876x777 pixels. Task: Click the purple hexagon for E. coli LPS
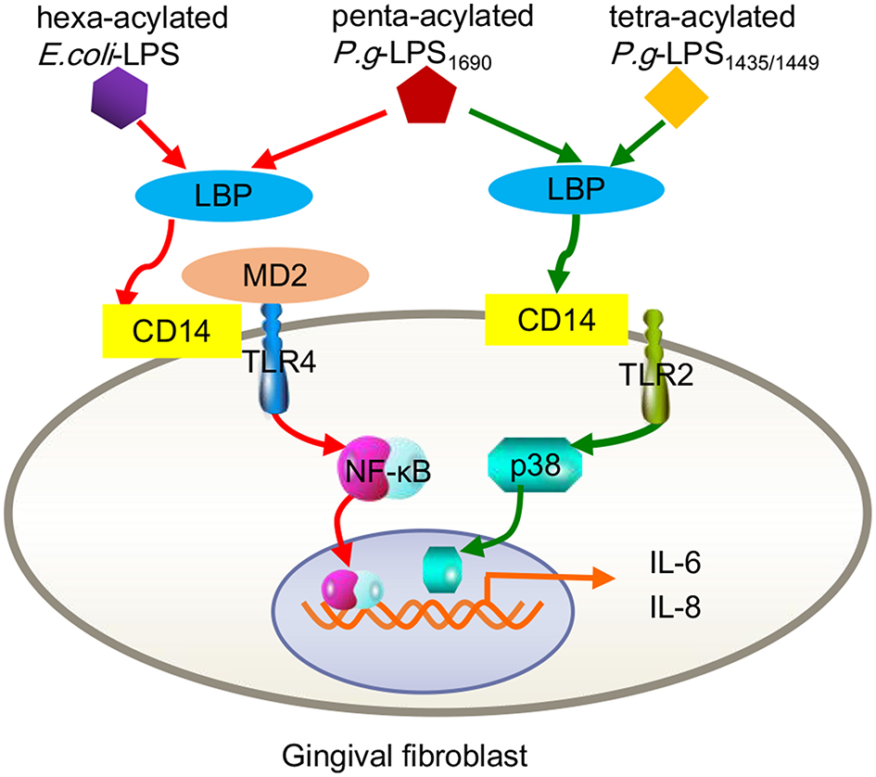coord(118,96)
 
